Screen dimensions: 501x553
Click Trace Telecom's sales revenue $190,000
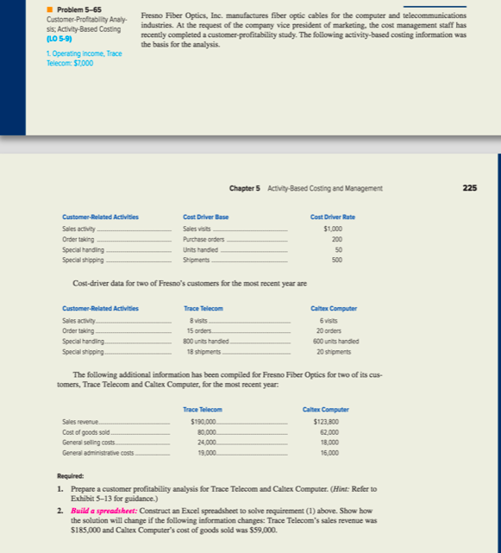pos(204,419)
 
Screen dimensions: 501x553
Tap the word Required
pos(72,476)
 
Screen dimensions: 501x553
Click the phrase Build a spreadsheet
pos(104,512)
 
